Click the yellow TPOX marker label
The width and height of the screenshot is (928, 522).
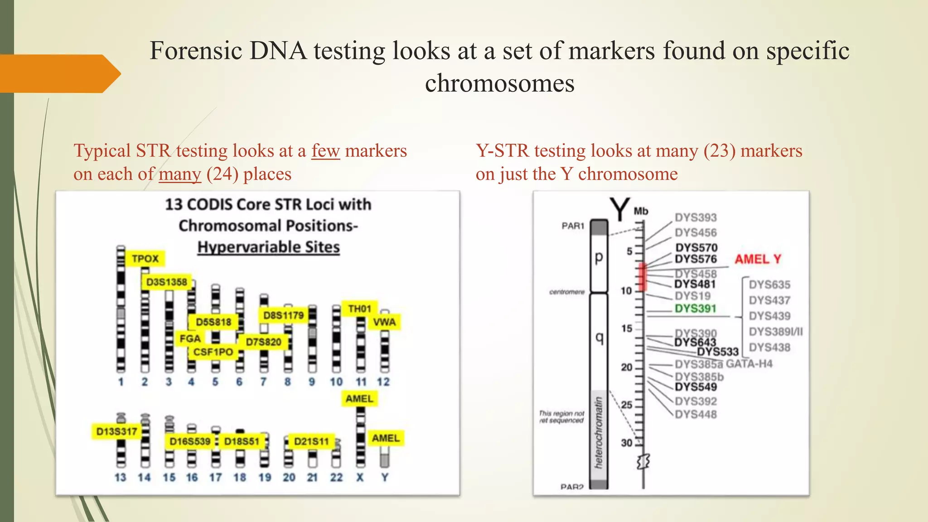click(145, 259)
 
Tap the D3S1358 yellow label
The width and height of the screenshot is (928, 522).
click(166, 282)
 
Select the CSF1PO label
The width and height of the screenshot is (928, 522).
click(213, 352)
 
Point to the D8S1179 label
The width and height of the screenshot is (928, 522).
click(283, 315)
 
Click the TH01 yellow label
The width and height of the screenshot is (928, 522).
click(359, 309)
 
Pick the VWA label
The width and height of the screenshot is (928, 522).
click(384, 322)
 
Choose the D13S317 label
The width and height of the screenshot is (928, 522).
click(116, 431)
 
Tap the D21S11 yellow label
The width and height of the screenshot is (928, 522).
click(311, 441)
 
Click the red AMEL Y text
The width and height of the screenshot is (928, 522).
click(758, 259)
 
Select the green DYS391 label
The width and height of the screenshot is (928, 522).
click(695, 309)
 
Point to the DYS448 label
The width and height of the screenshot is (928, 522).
click(696, 415)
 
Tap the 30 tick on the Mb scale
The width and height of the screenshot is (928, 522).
click(627, 443)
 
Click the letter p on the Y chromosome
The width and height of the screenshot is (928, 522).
click(599, 257)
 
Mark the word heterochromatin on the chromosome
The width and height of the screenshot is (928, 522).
click(599, 432)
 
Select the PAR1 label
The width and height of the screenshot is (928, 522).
click(573, 226)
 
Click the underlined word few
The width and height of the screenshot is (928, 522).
click(325, 151)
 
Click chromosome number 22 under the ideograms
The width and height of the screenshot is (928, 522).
click(336, 478)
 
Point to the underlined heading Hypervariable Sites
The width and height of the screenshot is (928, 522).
click(268, 247)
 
